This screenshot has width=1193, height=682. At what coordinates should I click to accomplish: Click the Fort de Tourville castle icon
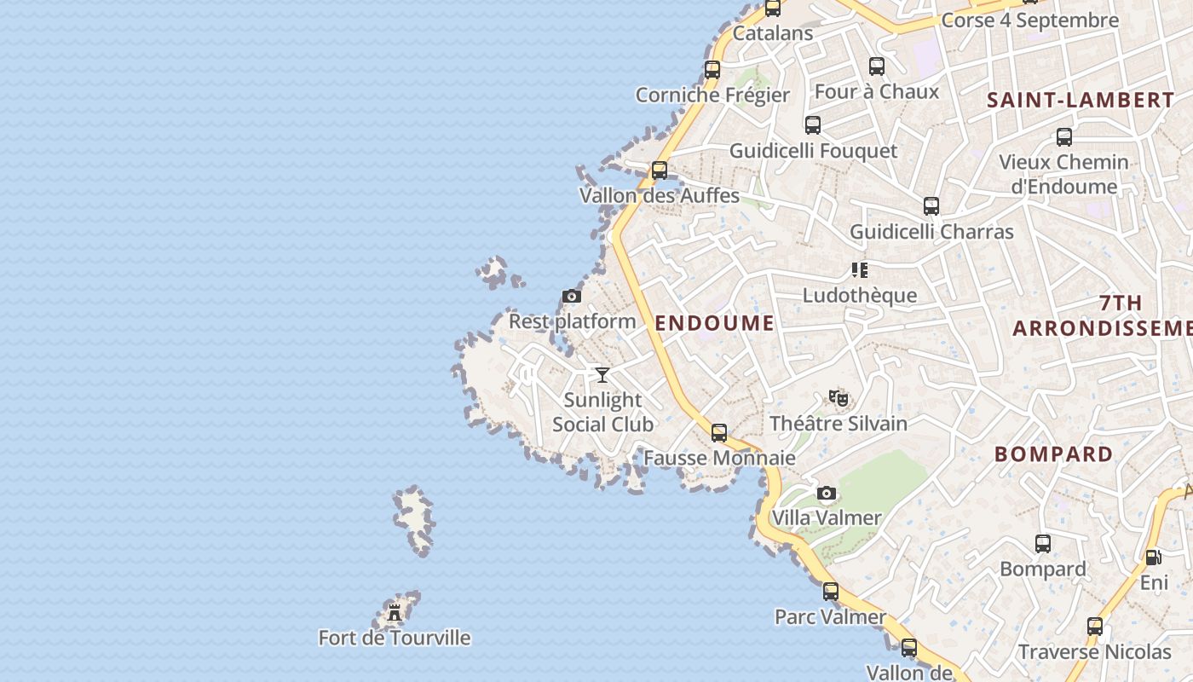point(394,612)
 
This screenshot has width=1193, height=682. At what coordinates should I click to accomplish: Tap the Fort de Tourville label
point(394,638)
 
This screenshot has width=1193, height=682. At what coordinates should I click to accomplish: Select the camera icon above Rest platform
point(572,297)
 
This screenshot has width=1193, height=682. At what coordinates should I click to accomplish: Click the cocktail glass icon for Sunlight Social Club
point(602,374)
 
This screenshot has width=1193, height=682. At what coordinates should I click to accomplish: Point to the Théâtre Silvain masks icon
point(839,398)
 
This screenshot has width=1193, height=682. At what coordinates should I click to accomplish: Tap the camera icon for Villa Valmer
point(826,493)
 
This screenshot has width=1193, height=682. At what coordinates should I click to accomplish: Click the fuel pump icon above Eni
point(1153,558)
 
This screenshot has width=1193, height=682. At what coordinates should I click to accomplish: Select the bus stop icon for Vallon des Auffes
point(660,170)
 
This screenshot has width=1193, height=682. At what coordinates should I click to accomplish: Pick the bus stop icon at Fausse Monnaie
point(719,433)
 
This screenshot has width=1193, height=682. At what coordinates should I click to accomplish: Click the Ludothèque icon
point(859,270)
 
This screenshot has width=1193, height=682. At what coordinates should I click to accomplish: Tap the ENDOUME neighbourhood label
point(714,323)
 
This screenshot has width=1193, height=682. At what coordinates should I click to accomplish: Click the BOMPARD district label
point(1053,454)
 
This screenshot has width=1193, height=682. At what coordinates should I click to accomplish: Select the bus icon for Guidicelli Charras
point(931,206)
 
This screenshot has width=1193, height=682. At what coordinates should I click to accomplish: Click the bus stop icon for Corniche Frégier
point(712,70)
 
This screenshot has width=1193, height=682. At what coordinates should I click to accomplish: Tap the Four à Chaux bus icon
point(877,66)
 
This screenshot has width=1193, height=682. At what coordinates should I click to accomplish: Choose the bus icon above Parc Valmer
point(831,591)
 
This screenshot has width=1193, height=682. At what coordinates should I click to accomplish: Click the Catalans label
point(773,33)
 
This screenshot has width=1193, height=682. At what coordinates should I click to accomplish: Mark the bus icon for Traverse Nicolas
point(1095,627)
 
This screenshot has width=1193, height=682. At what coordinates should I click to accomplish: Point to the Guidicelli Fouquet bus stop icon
point(813,125)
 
